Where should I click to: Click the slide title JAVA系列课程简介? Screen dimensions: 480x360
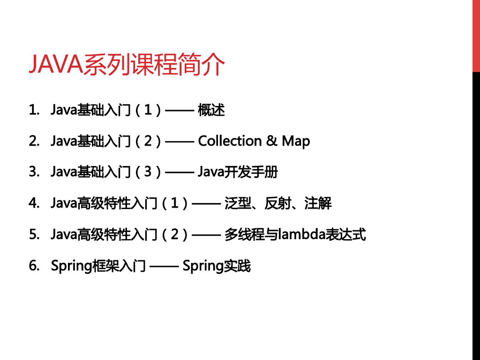[127, 64]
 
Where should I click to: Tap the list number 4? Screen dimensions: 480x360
[33, 203]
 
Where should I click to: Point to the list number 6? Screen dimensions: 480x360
[33, 266]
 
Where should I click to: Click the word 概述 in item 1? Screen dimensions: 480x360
[211, 110]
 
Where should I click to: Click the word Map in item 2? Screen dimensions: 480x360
[296, 142]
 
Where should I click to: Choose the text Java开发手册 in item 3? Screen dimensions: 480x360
[238, 172]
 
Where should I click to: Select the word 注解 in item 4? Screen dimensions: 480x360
[318, 203]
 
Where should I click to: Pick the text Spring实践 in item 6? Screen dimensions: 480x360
[217, 266]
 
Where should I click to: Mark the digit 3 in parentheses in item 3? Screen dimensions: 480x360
[148, 172]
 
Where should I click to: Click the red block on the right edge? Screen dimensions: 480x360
[476, 36]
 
